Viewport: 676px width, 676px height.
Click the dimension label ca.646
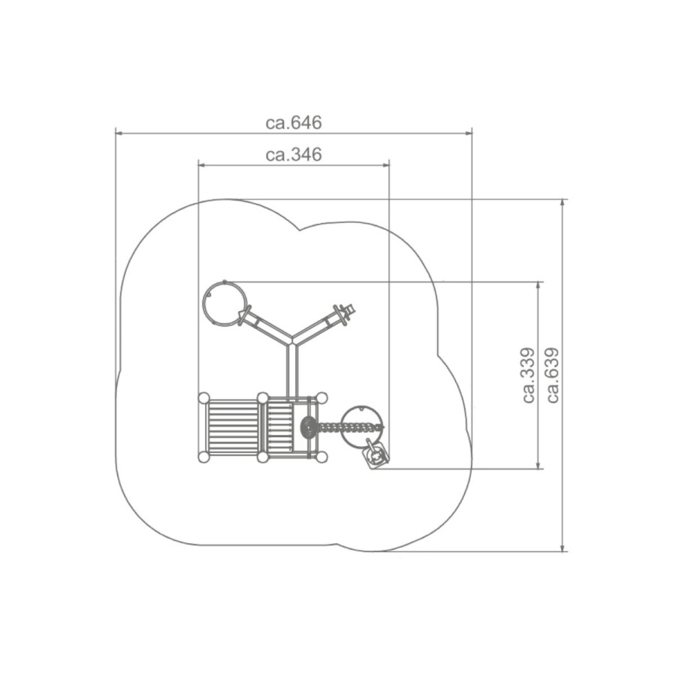coord(294,123)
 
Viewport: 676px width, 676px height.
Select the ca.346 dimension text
coord(294,154)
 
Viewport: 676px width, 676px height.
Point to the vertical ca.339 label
coord(529,375)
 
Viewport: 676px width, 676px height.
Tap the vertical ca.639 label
coord(553,375)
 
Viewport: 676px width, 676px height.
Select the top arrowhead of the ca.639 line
coord(562,204)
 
